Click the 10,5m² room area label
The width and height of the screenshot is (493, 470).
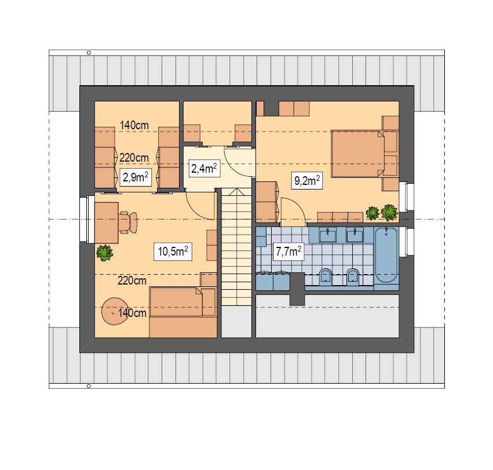pyautogui.click(x=173, y=251)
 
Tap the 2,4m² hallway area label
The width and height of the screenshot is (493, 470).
pyautogui.click(x=204, y=168)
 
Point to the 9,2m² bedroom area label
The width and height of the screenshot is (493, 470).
pyautogui.click(x=307, y=180)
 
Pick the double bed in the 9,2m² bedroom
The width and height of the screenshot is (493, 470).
pyautogui.click(x=357, y=154)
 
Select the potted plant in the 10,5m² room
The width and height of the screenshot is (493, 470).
pyautogui.click(x=104, y=252)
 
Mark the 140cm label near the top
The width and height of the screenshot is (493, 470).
pyautogui.click(x=134, y=124)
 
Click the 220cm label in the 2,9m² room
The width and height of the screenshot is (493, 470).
pyautogui.click(x=134, y=157)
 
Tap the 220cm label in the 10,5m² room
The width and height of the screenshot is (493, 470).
pyautogui.click(x=132, y=280)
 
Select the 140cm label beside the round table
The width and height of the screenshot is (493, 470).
pyautogui.click(x=132, y=312)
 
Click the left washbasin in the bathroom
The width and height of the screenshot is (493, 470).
pyautogui.click(x=328, y=235)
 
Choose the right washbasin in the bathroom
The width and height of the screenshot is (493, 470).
pyautogui.click(x=353, y=235)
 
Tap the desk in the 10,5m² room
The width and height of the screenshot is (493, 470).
pyautogui.click(x=107, y=222)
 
